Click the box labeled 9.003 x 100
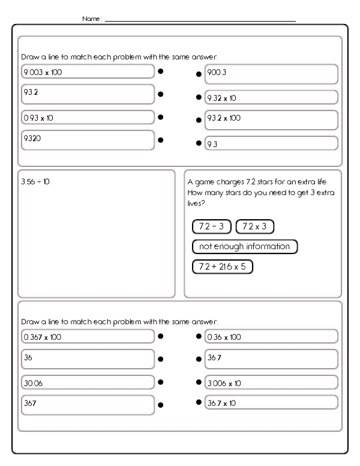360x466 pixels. (88, 71)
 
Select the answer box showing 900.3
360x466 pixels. (271, 74)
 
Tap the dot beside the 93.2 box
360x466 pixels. (161, 94)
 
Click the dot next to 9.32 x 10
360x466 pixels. (199, 97)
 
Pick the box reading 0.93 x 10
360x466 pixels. (88, 117)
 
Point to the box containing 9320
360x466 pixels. (88, 140)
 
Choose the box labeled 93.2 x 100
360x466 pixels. (271, 120)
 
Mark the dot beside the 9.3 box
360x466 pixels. (199, 144)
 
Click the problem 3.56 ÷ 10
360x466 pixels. (35, 181)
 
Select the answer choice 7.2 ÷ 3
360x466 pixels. (211, 226)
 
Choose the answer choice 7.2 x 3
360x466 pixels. (254, 226)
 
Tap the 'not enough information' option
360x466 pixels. (245, 246)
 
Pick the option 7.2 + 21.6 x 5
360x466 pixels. (223, 266)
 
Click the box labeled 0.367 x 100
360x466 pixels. (88, 336)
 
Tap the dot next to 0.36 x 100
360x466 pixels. (199, 336)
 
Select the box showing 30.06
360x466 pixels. (88, 382)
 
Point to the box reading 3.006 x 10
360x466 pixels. (271, 382)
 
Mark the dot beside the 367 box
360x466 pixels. (161, 405)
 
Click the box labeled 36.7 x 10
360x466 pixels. (271, 402)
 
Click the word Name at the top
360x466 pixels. (92, 19)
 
